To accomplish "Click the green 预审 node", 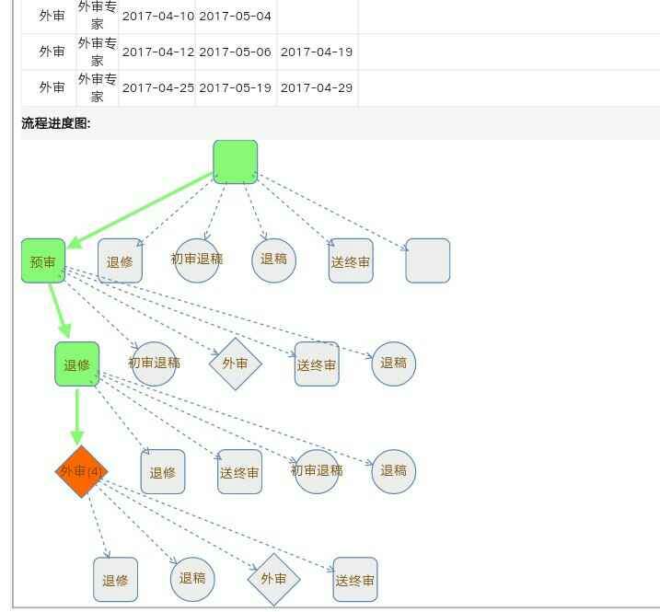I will pos(43,261).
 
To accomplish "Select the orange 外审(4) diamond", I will pos(81,471).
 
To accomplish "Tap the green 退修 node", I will pos(76,364).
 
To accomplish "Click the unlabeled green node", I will pos(235,162).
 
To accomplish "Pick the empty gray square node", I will pos(427,260).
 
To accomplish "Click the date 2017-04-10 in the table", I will pos(157,17).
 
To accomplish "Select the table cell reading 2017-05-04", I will pos(235,17).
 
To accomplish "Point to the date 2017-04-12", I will pos(157,52).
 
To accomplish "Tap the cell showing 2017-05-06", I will pos(235,52).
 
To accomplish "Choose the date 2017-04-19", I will pos(316,52).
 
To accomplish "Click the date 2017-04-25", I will pos(157,87).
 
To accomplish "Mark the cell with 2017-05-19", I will pos(235,87).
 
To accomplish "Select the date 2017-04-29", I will pos(316,87).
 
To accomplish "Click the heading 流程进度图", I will pos(56,123).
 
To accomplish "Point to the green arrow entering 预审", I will pos(138,211).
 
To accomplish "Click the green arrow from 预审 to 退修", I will pos(61,313).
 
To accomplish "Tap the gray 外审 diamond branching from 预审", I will pos(235,364).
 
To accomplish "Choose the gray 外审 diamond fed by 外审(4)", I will pos(273,579).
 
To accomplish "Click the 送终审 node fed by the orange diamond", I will pos(354,580).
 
